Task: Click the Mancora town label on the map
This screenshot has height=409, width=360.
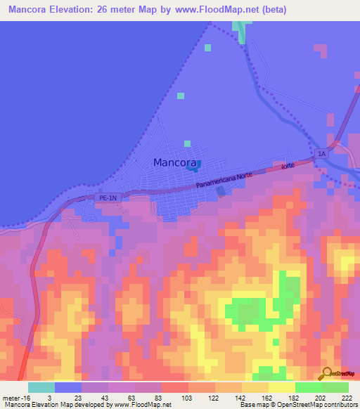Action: (174, 163)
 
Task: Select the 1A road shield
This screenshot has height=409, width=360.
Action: (322, 153)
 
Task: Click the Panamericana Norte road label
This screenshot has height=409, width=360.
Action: (224, 180)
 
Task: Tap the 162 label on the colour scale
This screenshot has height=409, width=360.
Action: (267, 398)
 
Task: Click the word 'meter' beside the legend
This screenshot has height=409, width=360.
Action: (11, 398)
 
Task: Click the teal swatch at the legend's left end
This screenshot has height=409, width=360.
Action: (41, 387)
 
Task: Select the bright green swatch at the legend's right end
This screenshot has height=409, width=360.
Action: (335, 387)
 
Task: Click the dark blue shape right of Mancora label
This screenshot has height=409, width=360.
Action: (199, 164)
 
